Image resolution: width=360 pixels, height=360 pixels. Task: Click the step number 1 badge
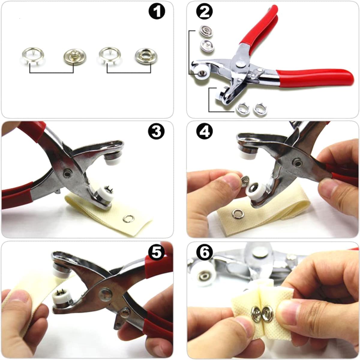click(157, 11)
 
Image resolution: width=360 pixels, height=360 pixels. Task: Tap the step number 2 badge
click(204, 11)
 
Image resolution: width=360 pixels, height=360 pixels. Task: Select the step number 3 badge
click(157, 131)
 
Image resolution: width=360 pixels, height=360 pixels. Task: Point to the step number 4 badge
click(204, 131)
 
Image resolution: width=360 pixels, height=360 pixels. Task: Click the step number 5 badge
click(157, 252)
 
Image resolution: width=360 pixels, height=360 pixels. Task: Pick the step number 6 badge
click(204, 252)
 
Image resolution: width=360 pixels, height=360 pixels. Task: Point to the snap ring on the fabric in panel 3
click(128, 219)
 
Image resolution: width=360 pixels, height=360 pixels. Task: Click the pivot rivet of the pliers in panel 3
click(67, 173)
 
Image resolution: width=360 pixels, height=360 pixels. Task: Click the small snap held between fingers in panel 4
click(244, 181)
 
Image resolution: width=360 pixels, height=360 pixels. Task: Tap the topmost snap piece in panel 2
click(206, 31)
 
